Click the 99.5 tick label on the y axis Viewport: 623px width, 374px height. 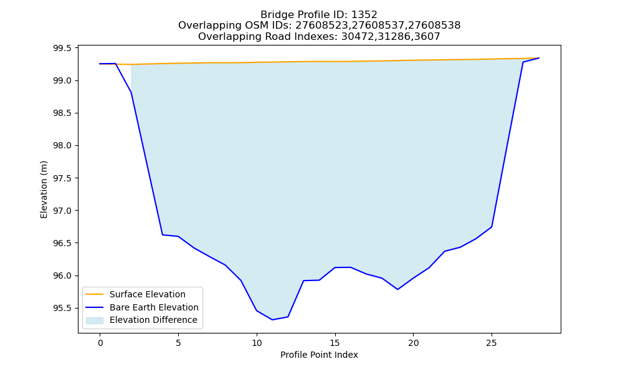click(x=62, y=49)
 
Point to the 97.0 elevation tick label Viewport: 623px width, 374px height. click(x=62, y=211)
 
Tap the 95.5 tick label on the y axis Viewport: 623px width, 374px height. click(x=62, y=308)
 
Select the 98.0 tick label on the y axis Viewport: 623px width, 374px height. click(x=62, y=146)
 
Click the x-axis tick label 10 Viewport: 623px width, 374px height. click(x=257, y=343)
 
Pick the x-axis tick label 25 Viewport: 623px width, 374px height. click(x=492, y=343)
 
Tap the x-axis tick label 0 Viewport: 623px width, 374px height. click(x=100, y=343)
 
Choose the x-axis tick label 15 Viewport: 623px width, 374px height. click(x=335, y=343)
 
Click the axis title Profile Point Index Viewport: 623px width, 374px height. click(x=319, y=355)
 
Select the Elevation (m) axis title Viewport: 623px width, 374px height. click(x=44, y=189)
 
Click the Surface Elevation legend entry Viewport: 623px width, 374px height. click(x=148, y=294)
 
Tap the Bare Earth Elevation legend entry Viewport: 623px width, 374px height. click(x=154, y=307)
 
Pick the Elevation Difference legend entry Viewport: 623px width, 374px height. click(x=153, y=320)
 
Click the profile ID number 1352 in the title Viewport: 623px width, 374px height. click(x=364, y=15)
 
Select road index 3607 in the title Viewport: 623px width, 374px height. click(x=427, y=37)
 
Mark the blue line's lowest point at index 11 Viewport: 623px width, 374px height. click(x=272, y=320)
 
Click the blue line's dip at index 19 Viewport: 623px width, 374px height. click(x=397, y=289)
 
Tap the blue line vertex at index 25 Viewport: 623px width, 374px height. click(x=492, y=227)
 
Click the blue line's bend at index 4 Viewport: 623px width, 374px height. click(x=163, y=235)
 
